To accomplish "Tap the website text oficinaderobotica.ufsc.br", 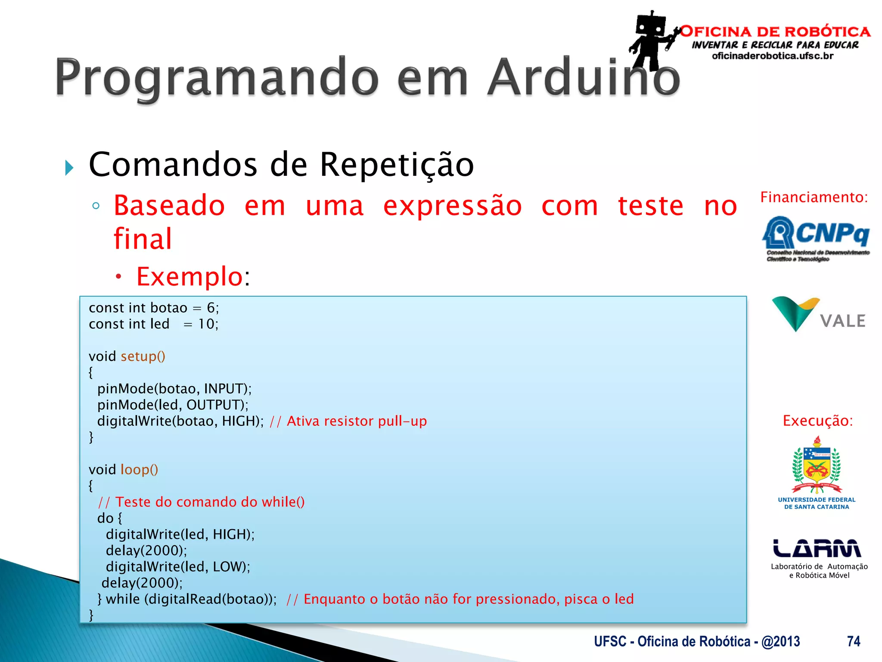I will coord(773,56).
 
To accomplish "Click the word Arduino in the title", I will coord(584,78).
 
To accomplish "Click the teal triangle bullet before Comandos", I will coord(69,168).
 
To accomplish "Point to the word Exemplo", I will coord(189,276).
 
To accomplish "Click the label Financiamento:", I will coord(814,197).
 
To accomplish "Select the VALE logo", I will coord(818,315).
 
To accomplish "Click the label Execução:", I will coord(817,421).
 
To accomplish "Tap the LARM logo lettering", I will coord(817,548).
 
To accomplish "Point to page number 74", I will coord(853,641).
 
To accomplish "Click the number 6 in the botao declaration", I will coord(211,308).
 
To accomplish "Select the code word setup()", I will coord(143,356).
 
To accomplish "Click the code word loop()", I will coord(139,469).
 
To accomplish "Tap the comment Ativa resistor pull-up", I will coord(357,421).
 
